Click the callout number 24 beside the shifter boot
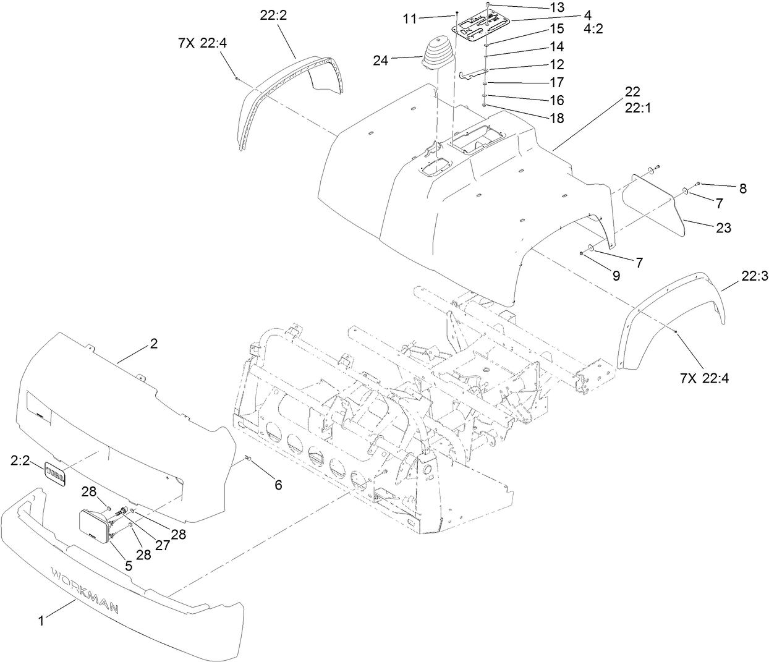(381, 60)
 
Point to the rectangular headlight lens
(95, 526)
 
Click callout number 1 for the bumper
(41, 621)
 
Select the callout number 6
(278, 485)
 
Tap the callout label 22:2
(273, 16)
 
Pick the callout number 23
(723, 228)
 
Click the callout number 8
(742, 189)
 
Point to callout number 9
(616, 276)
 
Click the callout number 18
(557, 118)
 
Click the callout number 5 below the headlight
(128, 564)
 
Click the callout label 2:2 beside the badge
(21, 460)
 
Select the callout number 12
(557, 64)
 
